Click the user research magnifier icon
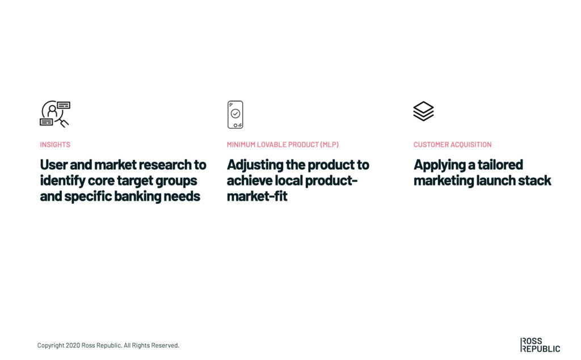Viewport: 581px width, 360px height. pyautogui.click(x=55, y=114)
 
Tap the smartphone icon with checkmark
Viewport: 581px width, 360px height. pyautogui.click(x=235, y=115)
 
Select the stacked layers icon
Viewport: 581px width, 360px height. pyautogui.click(x=423, y=111)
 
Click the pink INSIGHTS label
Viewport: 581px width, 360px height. pyautogui.click(x=55, y=145)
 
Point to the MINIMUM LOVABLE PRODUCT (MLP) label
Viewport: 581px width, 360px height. pyautogui.click(x=283, y=145)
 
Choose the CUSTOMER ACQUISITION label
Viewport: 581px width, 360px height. pyautogui.click(x=452, y=145)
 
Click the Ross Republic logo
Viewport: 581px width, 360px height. pyautogui.click(x=540, y=345)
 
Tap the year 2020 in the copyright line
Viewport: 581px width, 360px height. pyautogui.click(x=73, y=345)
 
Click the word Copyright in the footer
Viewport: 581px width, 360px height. pyautogui.click(x=50, y=346)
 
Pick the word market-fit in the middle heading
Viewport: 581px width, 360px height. pyautogui.click(x=257, y=196)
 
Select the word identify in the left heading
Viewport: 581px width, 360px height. pyautogui.click(x=62, y=181)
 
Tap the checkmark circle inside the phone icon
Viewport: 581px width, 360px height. pyautogui.click(x=235, y=114)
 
